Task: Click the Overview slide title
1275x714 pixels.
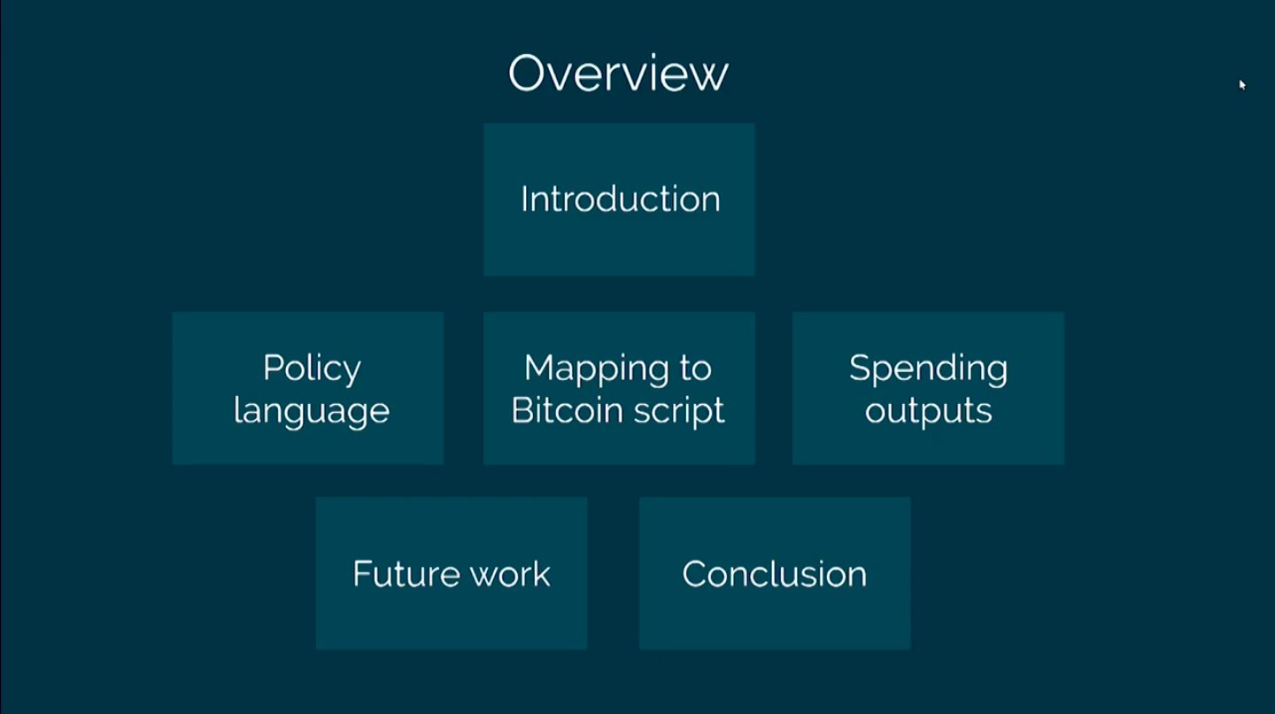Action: coord(618,73)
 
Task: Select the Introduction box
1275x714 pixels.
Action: coord(619,200)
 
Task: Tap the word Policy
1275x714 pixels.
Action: coord(312,369)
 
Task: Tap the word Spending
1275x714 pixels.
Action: coord(928,369)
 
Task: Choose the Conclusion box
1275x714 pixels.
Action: coord(775,573)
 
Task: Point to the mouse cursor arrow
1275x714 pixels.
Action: coord(1242,85)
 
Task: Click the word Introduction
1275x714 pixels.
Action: coord(621,199)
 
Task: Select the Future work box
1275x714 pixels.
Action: coord(452,573)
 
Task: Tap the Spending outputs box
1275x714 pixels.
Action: coord(928,388)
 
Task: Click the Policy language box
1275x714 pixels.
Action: coord(308,388)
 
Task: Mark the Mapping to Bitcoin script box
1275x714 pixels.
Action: coord(619,388)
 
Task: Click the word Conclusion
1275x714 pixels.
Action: coord(775,573)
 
